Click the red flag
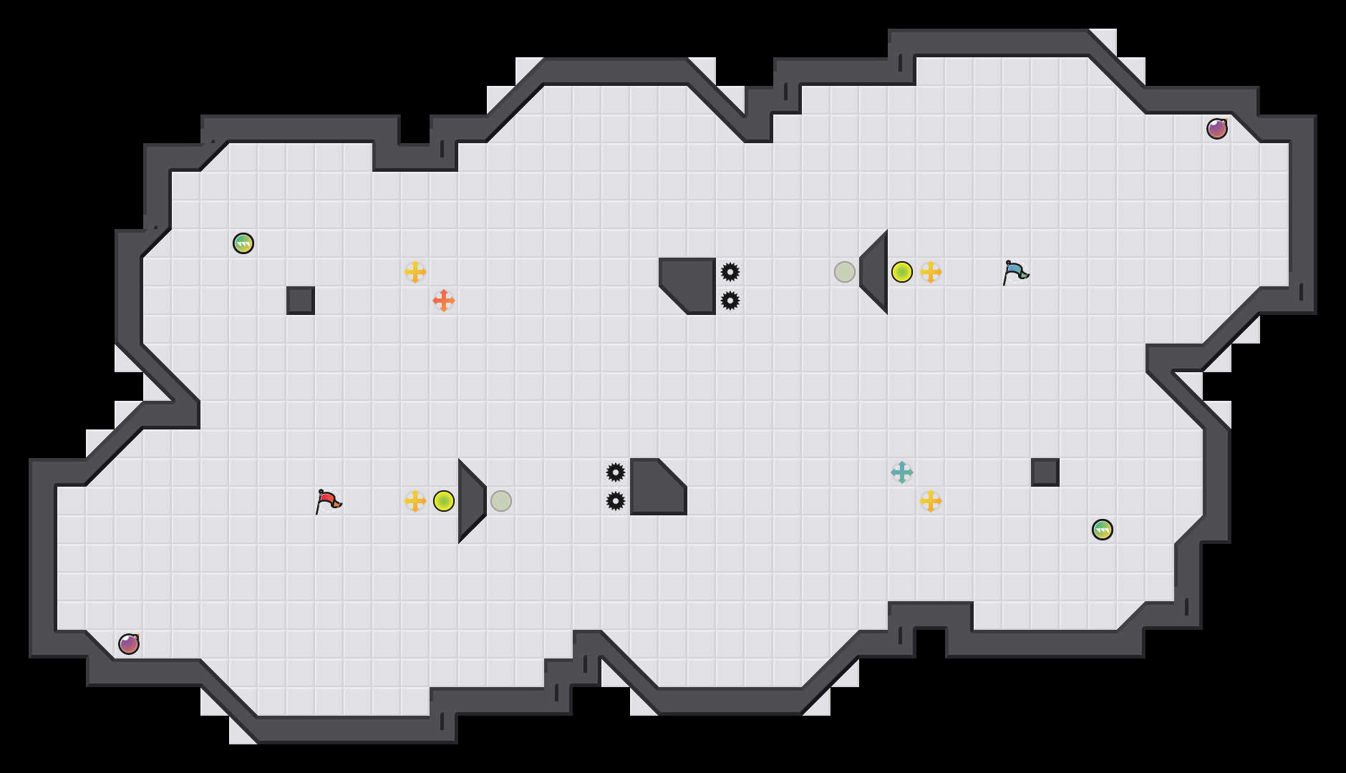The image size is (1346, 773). tap(328, 501)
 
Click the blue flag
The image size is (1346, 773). tap(1015, 272)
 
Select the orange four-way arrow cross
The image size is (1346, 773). tap(444, 301)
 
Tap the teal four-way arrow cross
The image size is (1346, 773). tap(902, 472)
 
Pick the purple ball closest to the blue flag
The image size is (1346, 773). tap(1217, 129)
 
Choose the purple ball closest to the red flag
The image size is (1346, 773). tap(129, 644)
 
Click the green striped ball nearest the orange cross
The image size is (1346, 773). tap(243, 243)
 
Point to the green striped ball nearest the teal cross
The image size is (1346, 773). tap(1103, 530)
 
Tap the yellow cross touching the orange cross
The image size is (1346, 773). tap(415, 272)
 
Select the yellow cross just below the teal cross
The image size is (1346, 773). tap(931, 501)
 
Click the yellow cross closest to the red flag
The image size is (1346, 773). tap(415, 501)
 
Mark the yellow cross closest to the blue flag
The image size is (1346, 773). tap(931, 272)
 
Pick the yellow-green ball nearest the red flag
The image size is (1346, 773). tap(444, 501)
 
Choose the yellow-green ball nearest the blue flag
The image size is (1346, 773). tap(902, 272)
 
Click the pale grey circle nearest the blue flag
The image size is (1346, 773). tap(845, 272)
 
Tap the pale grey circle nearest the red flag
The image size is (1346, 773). tap(501, 501)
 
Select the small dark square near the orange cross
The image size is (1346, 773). tap(301, 301)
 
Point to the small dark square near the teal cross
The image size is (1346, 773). tap(1045, 472)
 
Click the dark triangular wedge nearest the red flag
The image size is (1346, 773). tap(470, 501)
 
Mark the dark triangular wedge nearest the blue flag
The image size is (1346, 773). tap(876, 272)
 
